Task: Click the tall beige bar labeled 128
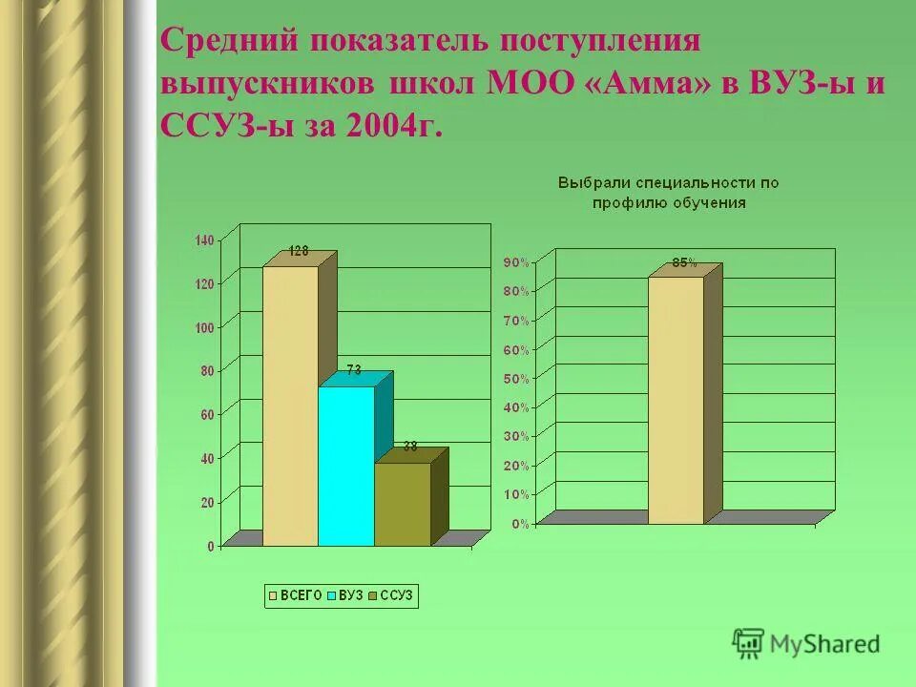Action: pyautogui.click(x=290, y=406)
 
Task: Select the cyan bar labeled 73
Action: pyautogui.click(x=345, y=466)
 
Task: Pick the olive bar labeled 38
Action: pyautogui.click(x=402, y=504)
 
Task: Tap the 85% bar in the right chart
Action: pyautogui.click(x=676, y=401)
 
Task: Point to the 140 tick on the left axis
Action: pyautogui.click(x=205, y=240)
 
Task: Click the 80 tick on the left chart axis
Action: pyautogui.click(x=208, y=370)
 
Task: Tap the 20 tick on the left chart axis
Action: pyautogui.click(x=208, y=502)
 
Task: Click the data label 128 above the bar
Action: pyautogui.click(x=298, y=251)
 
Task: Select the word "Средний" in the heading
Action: pyautogui.click(x=229, y=42)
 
